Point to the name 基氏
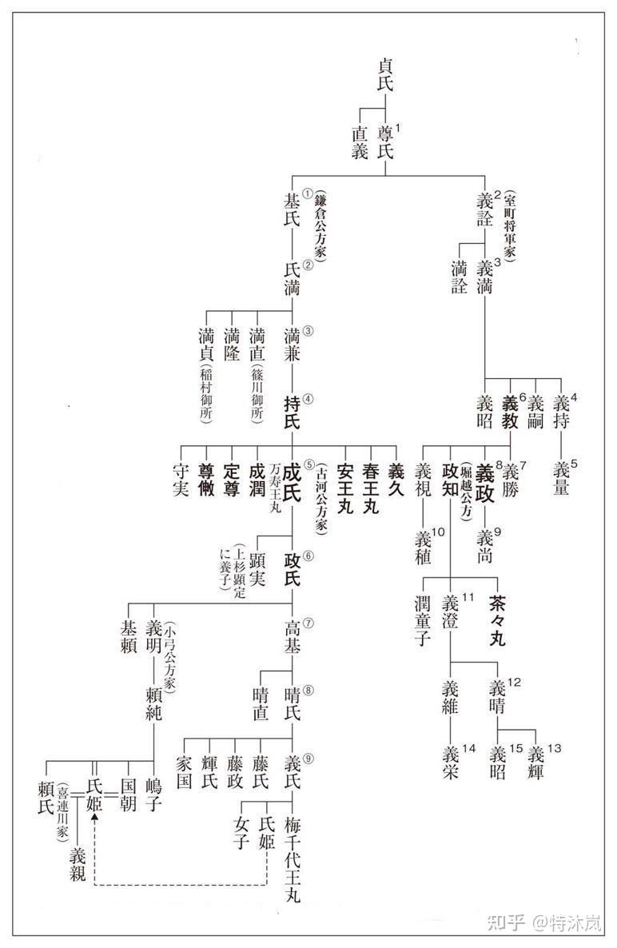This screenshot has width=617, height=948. click(x=293, y=209)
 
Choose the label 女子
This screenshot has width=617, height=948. click(x=242, y=832)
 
